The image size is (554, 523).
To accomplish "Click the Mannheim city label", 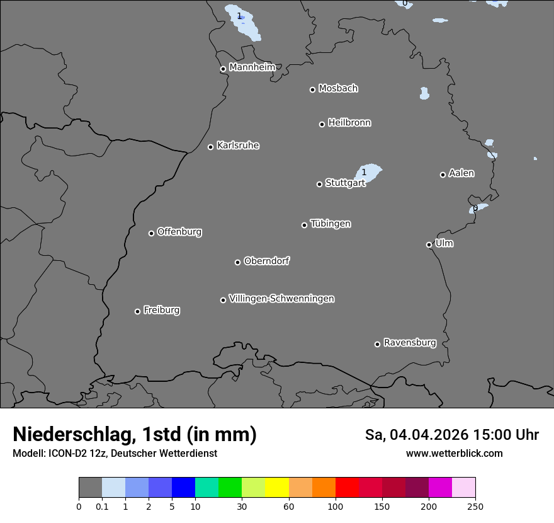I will (x=252, y=67).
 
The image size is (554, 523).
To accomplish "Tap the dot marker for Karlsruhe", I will (x=211, y=147).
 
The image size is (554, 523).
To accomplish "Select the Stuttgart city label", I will (x=345, y=183).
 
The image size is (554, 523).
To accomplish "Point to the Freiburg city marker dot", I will (x=137, y=311).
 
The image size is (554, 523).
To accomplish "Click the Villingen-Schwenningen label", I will (x=281, y=299).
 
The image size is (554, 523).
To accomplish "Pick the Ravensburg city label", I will (x=410, y=343).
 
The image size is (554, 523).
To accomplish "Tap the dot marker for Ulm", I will (x=429, y=244).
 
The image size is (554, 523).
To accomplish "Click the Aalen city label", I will (x=461, y=173).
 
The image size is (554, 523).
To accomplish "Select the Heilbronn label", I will (x=349, y=123).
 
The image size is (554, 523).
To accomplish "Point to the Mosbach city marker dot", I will (x=312, y=89).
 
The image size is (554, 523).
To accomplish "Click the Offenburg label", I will (x=179, y=232).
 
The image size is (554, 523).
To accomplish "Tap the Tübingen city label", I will (x=331, y=224).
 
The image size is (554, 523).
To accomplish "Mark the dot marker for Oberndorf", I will (x=238, y=262).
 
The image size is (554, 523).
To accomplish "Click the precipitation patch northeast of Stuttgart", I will (x=370, y=172).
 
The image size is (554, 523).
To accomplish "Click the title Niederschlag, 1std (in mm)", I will (x=135, y=434).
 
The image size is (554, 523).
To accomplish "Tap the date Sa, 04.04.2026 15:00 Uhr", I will (x=451, y=435).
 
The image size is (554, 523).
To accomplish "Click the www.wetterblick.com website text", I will (x=454, y=453).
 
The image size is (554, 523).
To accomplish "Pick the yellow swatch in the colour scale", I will (x=277, y=488).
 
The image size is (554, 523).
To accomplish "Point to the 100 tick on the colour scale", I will (x=336, y=505).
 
